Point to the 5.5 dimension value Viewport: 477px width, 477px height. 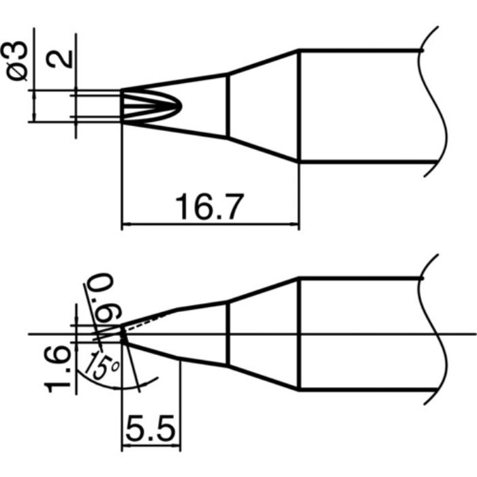(151, 429)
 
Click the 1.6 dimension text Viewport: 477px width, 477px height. (60, 369)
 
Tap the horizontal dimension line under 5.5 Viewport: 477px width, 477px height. (151, 448)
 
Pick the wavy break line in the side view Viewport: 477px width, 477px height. (436, 334)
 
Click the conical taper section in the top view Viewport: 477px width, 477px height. (262, 106)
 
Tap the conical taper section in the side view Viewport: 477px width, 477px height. (262, 334)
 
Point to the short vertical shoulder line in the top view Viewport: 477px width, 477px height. (227, 106)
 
